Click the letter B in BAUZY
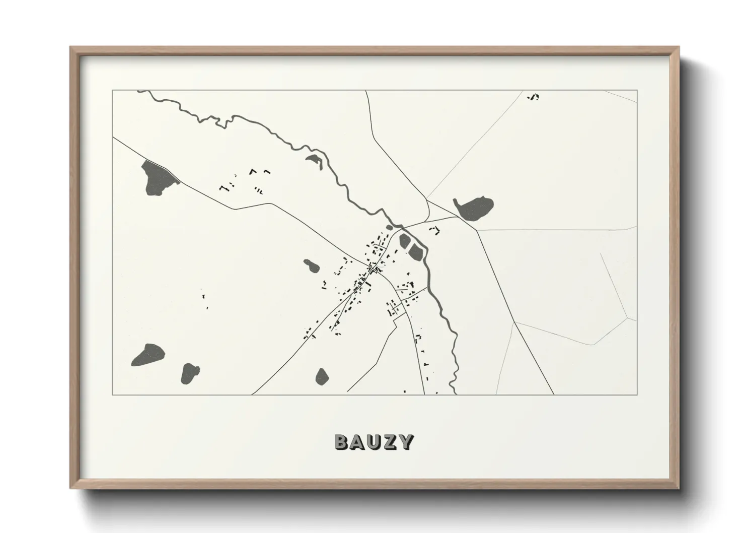(342, 442)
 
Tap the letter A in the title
(358, 442)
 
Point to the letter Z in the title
(391, 442)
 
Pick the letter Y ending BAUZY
(406, 442)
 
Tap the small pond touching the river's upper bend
(314, 160)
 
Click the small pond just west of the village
(310, 265)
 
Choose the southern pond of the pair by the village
(416, 250)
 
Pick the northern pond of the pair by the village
(404, 241)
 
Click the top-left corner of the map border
(112, 91)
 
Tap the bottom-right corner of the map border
(637, 394)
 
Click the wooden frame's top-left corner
(70, 47)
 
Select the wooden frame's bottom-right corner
(679, 489)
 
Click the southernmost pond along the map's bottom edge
(322, 376)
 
